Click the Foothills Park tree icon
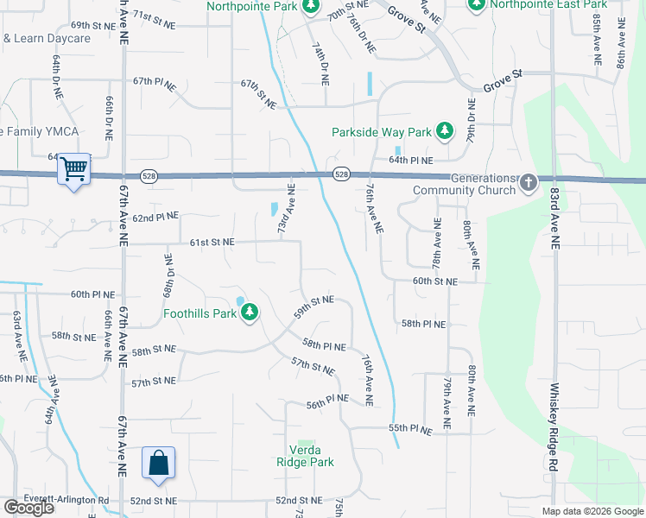click(x=250, y=312)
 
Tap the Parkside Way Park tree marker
click(x=444, y=131)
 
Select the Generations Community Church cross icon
click(x=528, y=182)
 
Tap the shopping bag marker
click(x=159, y=464)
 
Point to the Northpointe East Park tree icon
click(x=476, y=4)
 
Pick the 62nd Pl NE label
click(x=155, y=216)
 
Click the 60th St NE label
click(x=434, y=281)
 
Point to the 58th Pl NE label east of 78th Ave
click(x=423, y=324)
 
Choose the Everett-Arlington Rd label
click(x=73, y=500)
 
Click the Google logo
click(x=28, y=508)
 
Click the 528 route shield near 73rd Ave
click(x=341, y=174)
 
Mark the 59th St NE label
click(x=313, y=306)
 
